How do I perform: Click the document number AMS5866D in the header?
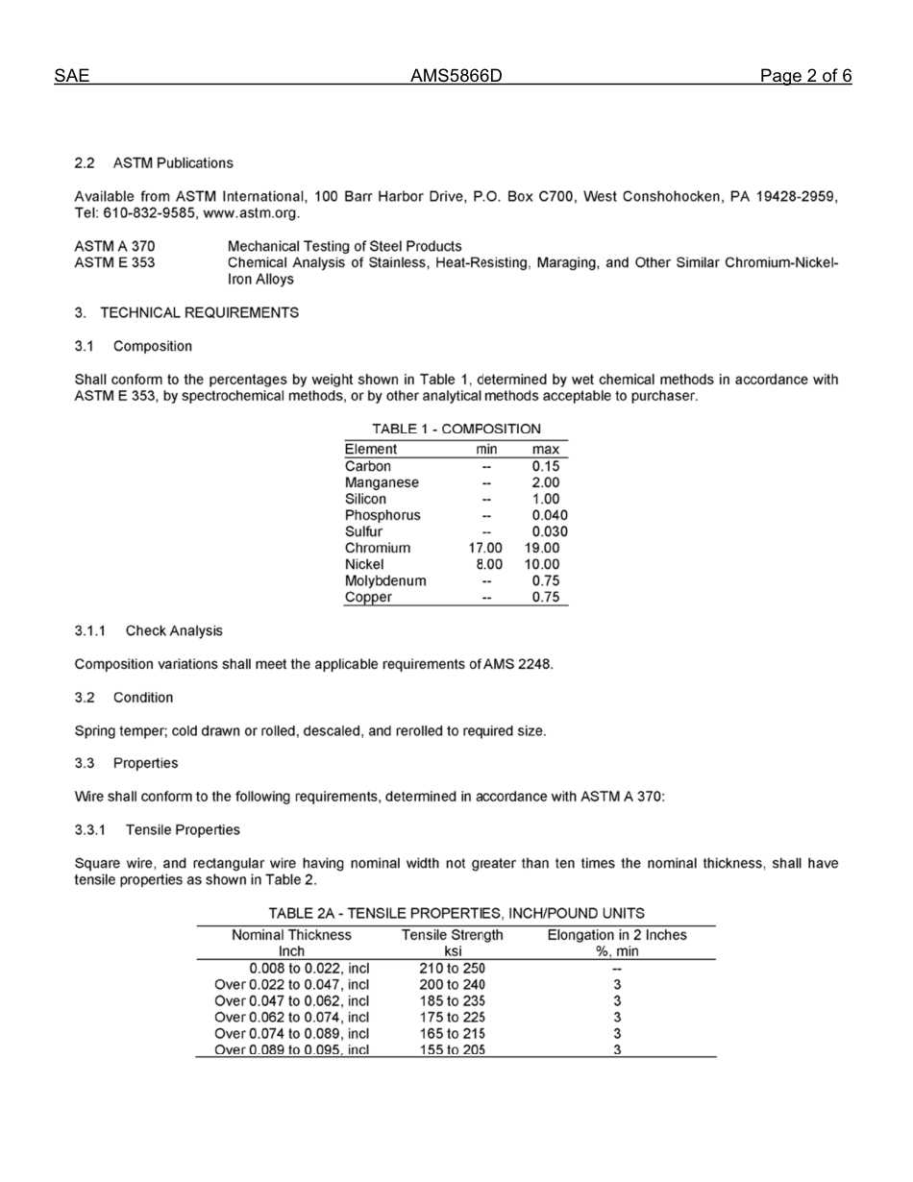(x=456, y=77)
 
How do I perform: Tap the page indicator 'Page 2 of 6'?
(x=804, y=77)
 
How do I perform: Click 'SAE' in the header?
(x=71, y=77)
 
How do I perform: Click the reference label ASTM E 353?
(x=114, y=262)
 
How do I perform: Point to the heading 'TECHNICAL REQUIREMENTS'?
(x=199, y=312)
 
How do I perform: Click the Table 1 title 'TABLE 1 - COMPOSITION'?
(x=456, y=429)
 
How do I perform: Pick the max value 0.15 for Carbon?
(x=545, y=466)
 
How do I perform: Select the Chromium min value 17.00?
(x=484, y=548)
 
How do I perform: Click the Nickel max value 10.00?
(x=542, y=564)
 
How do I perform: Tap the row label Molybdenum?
(x=385, y=580)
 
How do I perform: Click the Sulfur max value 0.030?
(x=549, y=531)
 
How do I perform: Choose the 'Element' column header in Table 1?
(x=370, y=449)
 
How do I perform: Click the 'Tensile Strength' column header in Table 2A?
(x=452, y=935)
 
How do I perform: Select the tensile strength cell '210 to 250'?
(x=453, y=968)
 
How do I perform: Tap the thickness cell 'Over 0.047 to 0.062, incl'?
(x=291, y=1000)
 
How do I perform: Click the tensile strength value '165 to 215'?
(x=453, y=1033)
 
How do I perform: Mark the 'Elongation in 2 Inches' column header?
(x=617, y=935)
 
